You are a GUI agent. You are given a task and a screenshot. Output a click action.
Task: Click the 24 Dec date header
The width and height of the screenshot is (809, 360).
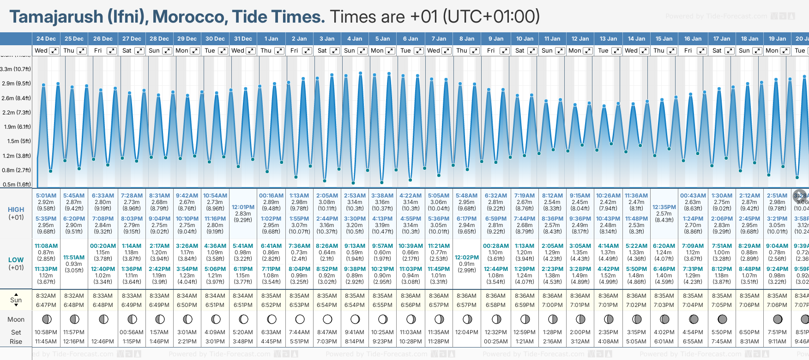[46, 39]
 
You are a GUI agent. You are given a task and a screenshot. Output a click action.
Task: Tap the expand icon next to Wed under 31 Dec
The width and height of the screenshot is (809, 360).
[251, 51]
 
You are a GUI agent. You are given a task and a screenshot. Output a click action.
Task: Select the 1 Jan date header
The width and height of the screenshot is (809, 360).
[271, 39]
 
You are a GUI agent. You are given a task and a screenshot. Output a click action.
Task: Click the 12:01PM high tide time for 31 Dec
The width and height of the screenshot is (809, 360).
[243, 207]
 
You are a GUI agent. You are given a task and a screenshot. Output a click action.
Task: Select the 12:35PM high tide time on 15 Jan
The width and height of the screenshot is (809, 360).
[664, 207]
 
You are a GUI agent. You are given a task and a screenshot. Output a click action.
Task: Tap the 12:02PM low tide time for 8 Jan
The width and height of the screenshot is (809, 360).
[466, 257]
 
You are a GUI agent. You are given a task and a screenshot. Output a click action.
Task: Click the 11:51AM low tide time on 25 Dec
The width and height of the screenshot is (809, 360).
[74, 257]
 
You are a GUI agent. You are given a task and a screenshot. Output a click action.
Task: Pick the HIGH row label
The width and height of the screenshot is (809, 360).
[16, 210]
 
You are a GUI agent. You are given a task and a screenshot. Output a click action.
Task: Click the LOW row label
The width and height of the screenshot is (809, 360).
[16, 260]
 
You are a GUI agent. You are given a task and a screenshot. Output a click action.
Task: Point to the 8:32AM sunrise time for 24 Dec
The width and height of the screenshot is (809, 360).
[46, 296]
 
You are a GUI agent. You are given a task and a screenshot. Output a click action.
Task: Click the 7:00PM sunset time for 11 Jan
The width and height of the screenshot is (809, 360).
[552, 305]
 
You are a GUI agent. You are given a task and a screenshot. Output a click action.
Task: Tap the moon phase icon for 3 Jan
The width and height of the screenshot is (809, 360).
[327, 319]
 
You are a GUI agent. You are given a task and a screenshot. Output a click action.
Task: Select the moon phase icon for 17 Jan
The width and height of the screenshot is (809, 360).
[722, 319]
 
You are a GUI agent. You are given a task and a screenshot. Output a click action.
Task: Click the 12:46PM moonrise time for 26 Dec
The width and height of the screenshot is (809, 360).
[103, 342]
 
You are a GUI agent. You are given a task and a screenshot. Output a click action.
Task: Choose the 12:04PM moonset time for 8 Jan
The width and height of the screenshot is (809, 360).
[466, 332]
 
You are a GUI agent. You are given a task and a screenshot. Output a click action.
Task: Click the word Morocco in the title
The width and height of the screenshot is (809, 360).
[189, 17]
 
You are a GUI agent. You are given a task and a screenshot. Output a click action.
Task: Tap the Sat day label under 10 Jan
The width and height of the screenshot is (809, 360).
[519, 51]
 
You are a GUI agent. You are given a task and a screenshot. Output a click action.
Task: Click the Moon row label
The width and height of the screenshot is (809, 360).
[16, 319]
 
